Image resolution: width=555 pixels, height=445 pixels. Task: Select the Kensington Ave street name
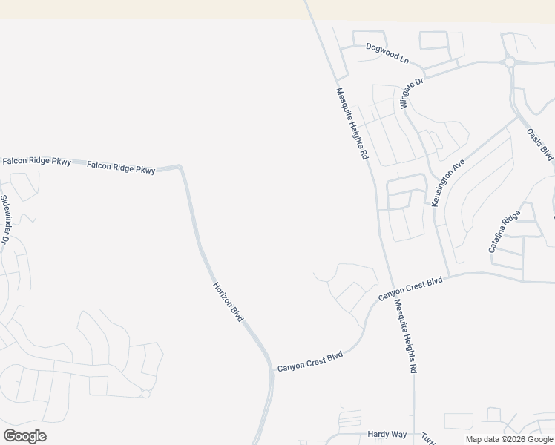pos(448,181)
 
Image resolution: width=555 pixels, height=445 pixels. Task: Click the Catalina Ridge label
pos(505,231)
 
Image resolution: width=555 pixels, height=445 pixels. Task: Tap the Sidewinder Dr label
pos(4,219)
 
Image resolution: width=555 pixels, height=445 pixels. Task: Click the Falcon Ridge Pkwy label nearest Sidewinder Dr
pos(36,161)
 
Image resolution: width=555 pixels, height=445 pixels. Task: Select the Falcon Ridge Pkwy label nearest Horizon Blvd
pos(121,168)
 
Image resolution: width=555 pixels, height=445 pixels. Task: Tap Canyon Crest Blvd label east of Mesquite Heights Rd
pos(410,289)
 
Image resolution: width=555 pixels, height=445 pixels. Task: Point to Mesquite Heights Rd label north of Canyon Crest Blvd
pos(352,124)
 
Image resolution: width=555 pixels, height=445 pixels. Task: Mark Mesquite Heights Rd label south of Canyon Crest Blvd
pos(407,336)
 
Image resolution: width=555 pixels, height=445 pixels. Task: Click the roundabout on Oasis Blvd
pos(510,62)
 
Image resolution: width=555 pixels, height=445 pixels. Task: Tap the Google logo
pos(24,435)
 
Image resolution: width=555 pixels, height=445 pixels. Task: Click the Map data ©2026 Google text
pos(509,439)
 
